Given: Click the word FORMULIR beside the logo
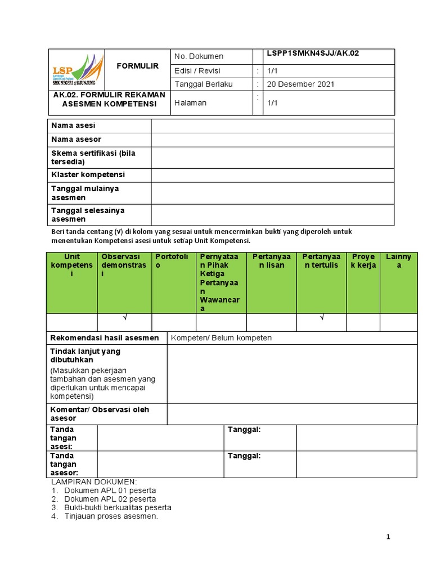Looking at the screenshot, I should click(138, 66).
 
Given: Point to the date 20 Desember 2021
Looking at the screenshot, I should click(300, 84).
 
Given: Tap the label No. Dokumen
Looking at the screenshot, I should click(199, 56).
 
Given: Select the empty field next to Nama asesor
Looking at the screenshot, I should click(272, 139).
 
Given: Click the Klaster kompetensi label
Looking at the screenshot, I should click(88, 175).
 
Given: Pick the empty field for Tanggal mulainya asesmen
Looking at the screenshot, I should click(272, 193).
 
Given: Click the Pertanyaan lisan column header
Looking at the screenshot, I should click(271, 261).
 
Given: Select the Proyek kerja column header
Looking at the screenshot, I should click(363, 261).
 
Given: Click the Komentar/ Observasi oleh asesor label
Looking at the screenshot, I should click(100, 414).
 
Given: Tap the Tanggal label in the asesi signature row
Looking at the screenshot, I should click(244, 430).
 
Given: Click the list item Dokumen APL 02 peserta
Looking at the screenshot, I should click(110, 499).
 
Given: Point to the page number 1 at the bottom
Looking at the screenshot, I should click(388, 537).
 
